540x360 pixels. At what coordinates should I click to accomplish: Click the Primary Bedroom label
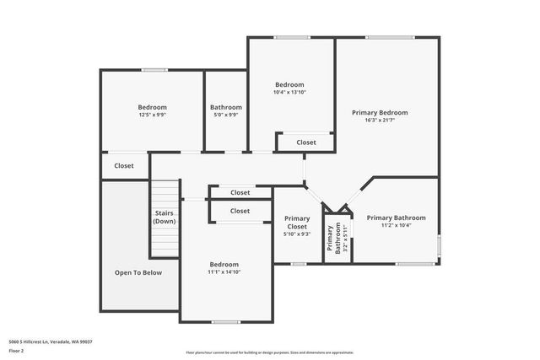pos(380,112)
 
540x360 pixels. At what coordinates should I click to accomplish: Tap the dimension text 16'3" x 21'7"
pos(380,121)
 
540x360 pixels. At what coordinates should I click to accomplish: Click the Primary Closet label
pos(297,222)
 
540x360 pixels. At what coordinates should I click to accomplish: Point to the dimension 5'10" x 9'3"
pos(297,234)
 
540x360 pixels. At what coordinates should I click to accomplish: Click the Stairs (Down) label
pos(165,217)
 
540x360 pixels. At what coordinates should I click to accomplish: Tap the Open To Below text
pos(138,272)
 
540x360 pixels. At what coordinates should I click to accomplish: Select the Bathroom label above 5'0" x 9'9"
pos(226,107)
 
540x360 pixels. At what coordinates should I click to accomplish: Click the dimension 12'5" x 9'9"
pos(153,116)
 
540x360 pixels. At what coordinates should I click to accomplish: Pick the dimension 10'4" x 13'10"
pos(289,93)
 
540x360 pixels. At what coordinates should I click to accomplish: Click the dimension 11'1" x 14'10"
pos(224,272)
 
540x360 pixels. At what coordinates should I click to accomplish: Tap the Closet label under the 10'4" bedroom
pos(306,142)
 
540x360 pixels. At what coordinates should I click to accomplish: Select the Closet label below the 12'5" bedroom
pos(124,166)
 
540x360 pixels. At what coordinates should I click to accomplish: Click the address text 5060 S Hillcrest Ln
pos(50,341)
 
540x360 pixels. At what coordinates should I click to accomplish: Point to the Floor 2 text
pos(16,351)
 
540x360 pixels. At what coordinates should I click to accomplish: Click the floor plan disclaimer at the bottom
pos(270,352)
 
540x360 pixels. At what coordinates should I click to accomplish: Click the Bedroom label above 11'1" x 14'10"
pos(224,264)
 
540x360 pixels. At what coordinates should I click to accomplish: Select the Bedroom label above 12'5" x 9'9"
pos(153,107)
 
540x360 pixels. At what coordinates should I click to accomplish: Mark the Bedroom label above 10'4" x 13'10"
pos(289,84)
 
